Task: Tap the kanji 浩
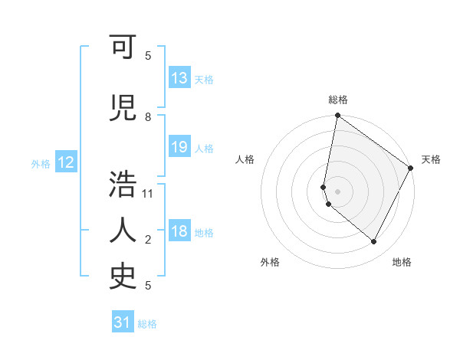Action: click(x=123, y=185)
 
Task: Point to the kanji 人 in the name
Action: click(x=123, y=231)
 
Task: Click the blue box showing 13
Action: click(x=179, y=78)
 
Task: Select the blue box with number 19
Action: click(x=179, y=147)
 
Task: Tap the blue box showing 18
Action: click(x=179, y=232)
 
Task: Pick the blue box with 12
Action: click(x=65, y=162)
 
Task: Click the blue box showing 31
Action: click(x=122, y=322)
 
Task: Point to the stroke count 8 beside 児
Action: click(x=148, y=117)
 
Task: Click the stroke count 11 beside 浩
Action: click(x=149, y=193)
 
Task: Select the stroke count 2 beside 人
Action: click(x=148, y=240)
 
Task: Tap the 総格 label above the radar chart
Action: click(x=338, y=100)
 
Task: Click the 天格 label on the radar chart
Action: click(x=431, y=159)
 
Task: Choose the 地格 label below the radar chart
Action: click(x=402, y=262)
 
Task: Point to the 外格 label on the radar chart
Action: click(x=270, y=262)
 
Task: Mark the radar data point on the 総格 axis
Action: click(x=337, y=116)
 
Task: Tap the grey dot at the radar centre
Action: click(x=337, y=191)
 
